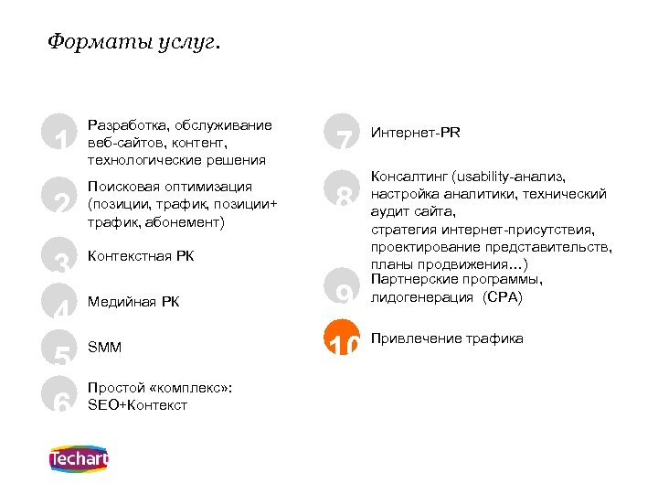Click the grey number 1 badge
pyautogui.click(x=61, y=135)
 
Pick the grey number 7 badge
pyautogui.click(x=344, y=135)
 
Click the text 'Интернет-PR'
pyautogui.click(x=416, y=133)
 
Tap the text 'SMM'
pyautogui.click(x=104, y=348)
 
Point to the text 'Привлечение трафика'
pyautogui.click(x=447, y=338)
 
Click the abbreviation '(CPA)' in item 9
pyautogui.click(x=504, y=297)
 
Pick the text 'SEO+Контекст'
pyautogui.click(x=137, y=404)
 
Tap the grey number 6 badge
pyautogui.click(x=61, y=396)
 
